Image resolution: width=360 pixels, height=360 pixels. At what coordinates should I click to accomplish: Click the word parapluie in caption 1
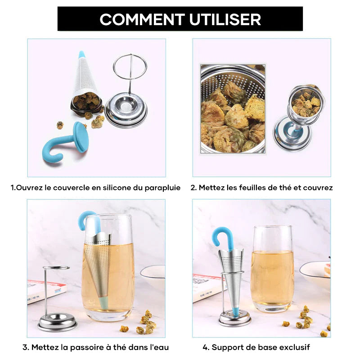point(160,187)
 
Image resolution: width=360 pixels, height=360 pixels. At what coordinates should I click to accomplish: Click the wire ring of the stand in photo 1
point(130,67)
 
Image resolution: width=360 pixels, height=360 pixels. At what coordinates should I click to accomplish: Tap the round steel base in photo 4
point(235,319)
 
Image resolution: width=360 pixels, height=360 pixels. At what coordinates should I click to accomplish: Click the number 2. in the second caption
point(193,187)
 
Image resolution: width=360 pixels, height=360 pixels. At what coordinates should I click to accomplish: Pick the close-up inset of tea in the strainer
point(233,108)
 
